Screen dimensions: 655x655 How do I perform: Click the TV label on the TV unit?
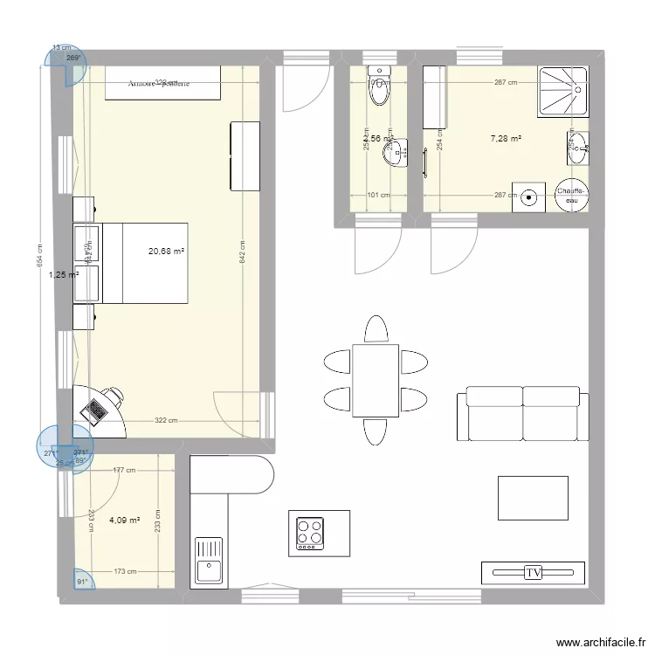click(533, 573)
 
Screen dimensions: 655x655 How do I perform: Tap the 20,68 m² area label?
click(166, 252)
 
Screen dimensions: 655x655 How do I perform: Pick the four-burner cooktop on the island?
click(309, 533)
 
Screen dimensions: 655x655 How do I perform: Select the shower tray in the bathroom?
click(562, 88)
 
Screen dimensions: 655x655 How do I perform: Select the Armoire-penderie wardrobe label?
click(160, 84)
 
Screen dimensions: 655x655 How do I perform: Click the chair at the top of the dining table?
click(376, 329)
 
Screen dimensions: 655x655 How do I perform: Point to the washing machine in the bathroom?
click(528, 196)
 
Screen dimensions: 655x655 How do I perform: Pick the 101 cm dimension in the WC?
click(377, 196)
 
